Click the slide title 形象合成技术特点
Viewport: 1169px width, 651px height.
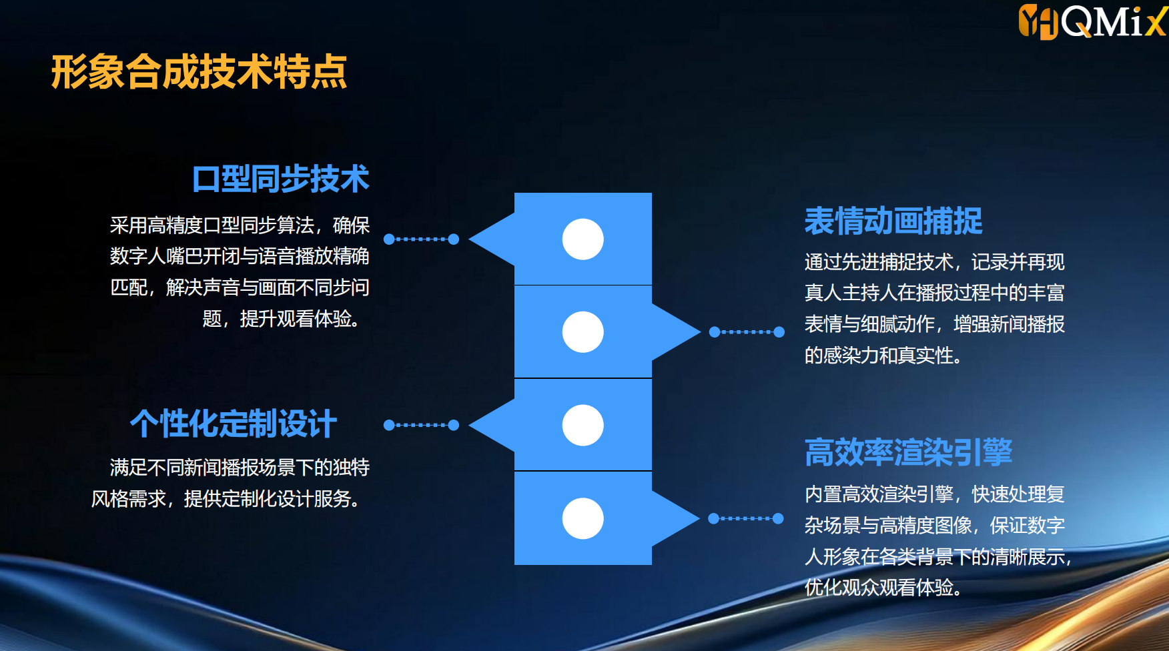[x=199, y=72]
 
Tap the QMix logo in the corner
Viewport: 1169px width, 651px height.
[x=1092, y=21]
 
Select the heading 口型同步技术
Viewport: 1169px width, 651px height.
[x=281, y=179]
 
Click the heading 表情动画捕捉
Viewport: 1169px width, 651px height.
[x=893, y=221]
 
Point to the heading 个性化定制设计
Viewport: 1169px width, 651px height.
[x=234, y=424]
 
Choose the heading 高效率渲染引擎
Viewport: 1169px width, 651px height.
[x=908, y=452]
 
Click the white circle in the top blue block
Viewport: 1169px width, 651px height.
[x=582, y=239]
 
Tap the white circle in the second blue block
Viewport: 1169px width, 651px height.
[x=582, y=332]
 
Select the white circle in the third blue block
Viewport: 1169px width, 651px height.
[x=582, y=425]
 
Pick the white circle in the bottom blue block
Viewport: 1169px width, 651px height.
[x=582, y=518]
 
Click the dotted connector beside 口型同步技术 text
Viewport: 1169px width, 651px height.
[x=421, y=239]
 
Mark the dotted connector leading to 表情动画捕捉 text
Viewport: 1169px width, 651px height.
[x=747, y=332]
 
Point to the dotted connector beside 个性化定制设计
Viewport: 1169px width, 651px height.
[x=421, y=425]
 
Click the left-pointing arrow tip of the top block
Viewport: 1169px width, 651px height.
[x=470, y=239]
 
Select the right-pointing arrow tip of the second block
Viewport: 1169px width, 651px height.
[x=700, y=332]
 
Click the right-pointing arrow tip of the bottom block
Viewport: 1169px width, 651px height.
[x=699, y=518]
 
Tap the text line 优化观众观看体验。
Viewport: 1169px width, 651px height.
[x=883, y=588]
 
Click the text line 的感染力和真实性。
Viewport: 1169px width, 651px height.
[x=883, y=356]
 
